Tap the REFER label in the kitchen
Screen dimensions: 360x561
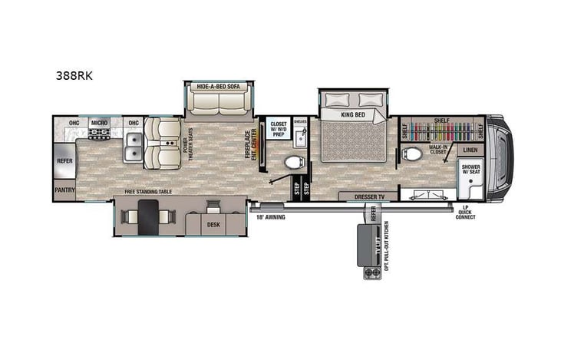64,161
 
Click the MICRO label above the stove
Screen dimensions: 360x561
98,122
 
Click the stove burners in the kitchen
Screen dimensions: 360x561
99,135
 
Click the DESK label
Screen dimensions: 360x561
213,225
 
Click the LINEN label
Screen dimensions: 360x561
470,150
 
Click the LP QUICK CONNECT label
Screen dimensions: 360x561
464,212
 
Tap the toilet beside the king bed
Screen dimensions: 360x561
293,163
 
